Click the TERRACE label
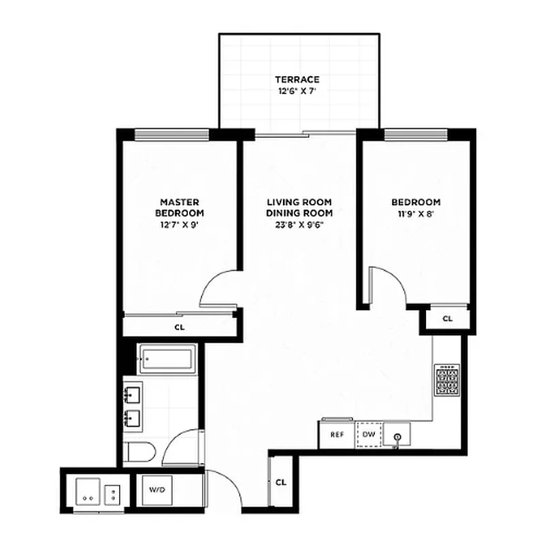click(297, 80)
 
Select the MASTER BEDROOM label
click(179, 207)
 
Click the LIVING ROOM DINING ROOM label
click(299, 207)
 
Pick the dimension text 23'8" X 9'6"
click(299, 224)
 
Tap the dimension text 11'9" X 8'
click(415, 214)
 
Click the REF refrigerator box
click(336, 435)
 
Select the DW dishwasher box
click(368, 435)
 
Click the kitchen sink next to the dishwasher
click(397, 435)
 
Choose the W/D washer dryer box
click(156, 490)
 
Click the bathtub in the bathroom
click(167, 359)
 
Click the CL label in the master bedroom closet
click(179, 327)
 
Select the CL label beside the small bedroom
click(447, 318)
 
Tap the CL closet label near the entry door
click(280, 482)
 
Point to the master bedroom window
click(171, 133)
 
